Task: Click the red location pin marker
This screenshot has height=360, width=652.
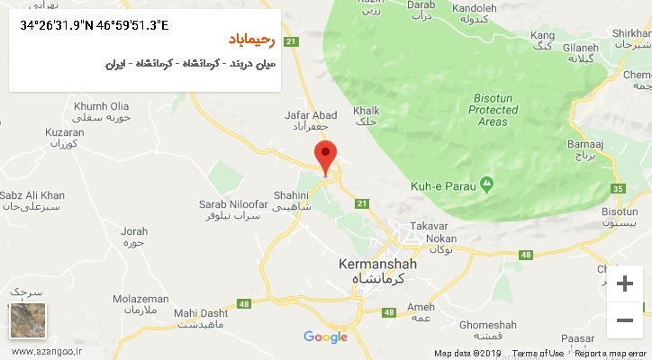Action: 326,155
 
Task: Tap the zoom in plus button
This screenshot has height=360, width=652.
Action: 623,284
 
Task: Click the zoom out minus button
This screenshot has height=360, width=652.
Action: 623,319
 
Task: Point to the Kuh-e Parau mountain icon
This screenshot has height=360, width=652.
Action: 487,184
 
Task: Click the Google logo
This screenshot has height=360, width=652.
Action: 325,337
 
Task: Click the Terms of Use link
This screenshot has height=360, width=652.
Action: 539,354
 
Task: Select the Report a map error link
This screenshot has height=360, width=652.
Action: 611,354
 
